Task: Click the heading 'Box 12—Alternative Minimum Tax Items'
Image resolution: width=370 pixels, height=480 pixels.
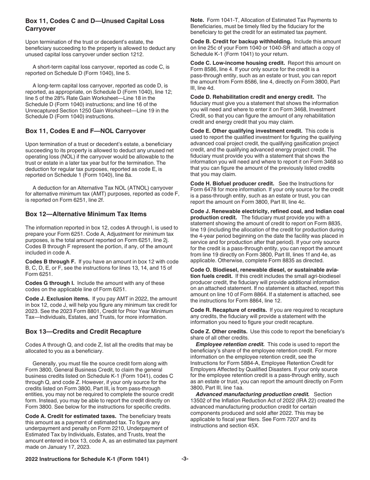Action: (86, 214)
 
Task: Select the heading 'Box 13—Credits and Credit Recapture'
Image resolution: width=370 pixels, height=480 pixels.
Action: (83, 331)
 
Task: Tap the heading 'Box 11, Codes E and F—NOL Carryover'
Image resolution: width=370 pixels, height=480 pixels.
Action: (86, 131)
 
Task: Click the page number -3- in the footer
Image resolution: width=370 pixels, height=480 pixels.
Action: (185, 459)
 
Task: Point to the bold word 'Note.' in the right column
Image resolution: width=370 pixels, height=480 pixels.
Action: (197, 20)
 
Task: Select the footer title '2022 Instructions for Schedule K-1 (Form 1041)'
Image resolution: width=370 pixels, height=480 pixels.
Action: (87, 459)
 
